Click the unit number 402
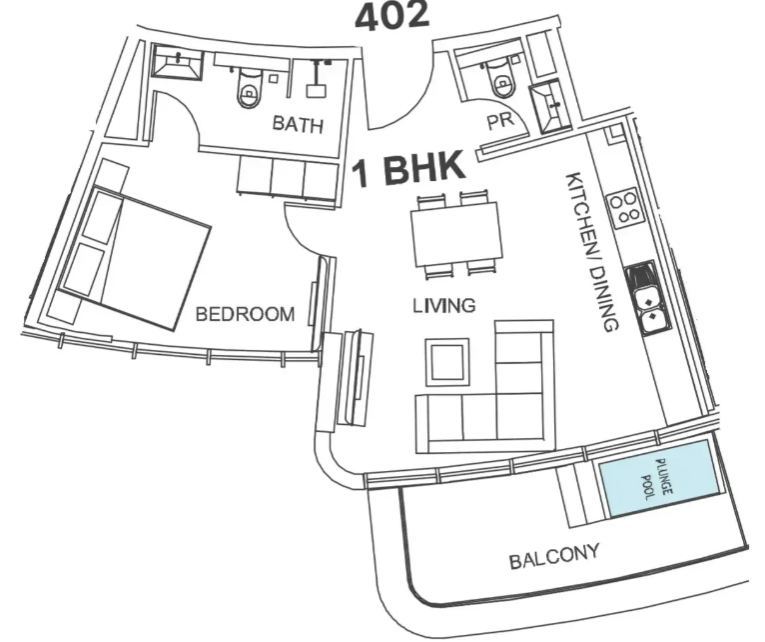coord(391,16)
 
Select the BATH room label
coord(298,124)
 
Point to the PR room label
coord(500,121)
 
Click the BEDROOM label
coord(245,314)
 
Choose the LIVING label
coord(444,306)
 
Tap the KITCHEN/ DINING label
coord(592,252)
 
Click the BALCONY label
coord(554,556)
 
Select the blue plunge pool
coord(660,478)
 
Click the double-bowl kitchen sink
coord(643,299)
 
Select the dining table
coord(457,234)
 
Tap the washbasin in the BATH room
coord(177,62)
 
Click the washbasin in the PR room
coord(551,107)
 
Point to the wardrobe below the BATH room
coord(288,178)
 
